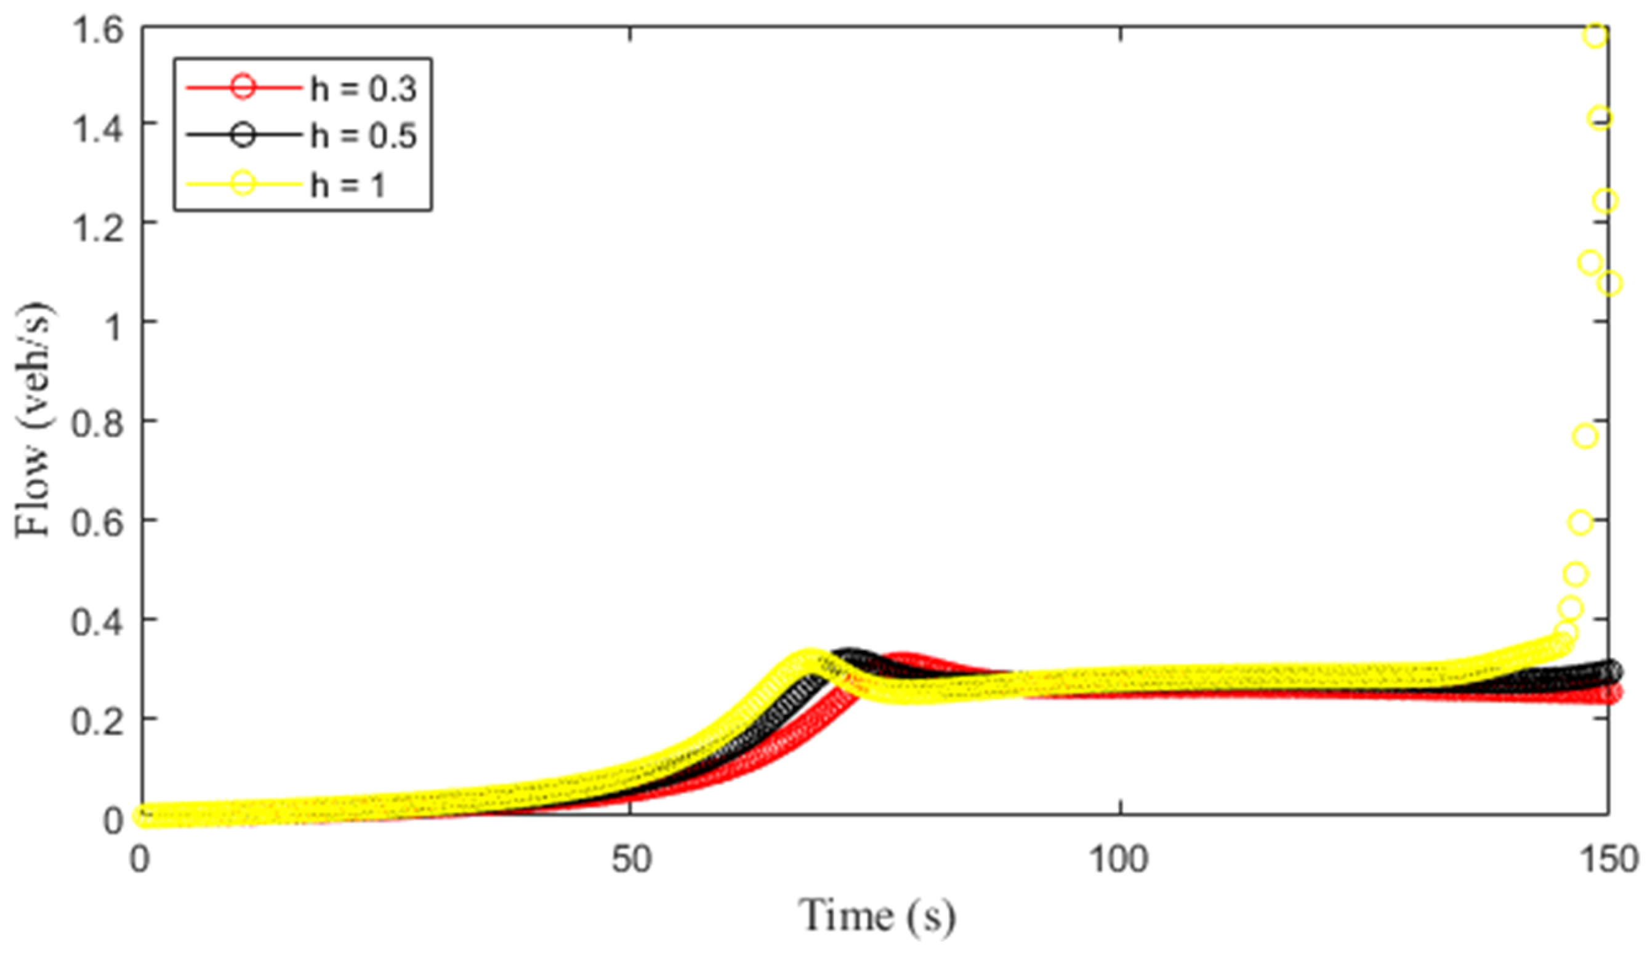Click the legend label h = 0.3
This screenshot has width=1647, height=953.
click(363, 87)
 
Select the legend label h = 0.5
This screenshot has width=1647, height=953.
click(363, 136)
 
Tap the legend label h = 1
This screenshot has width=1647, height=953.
click(347, 184)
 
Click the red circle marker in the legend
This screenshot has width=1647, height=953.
click(243, 86)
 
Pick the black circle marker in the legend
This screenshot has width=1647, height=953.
click(243, 135)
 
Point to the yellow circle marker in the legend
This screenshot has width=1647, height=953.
click(243, 183)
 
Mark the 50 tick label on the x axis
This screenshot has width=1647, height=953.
click(631, 859)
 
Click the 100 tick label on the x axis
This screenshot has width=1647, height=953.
click(1119, 859)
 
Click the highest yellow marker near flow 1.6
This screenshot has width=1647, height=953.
click(1595, 35)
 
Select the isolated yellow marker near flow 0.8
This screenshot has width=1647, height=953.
click(1585, 436)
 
